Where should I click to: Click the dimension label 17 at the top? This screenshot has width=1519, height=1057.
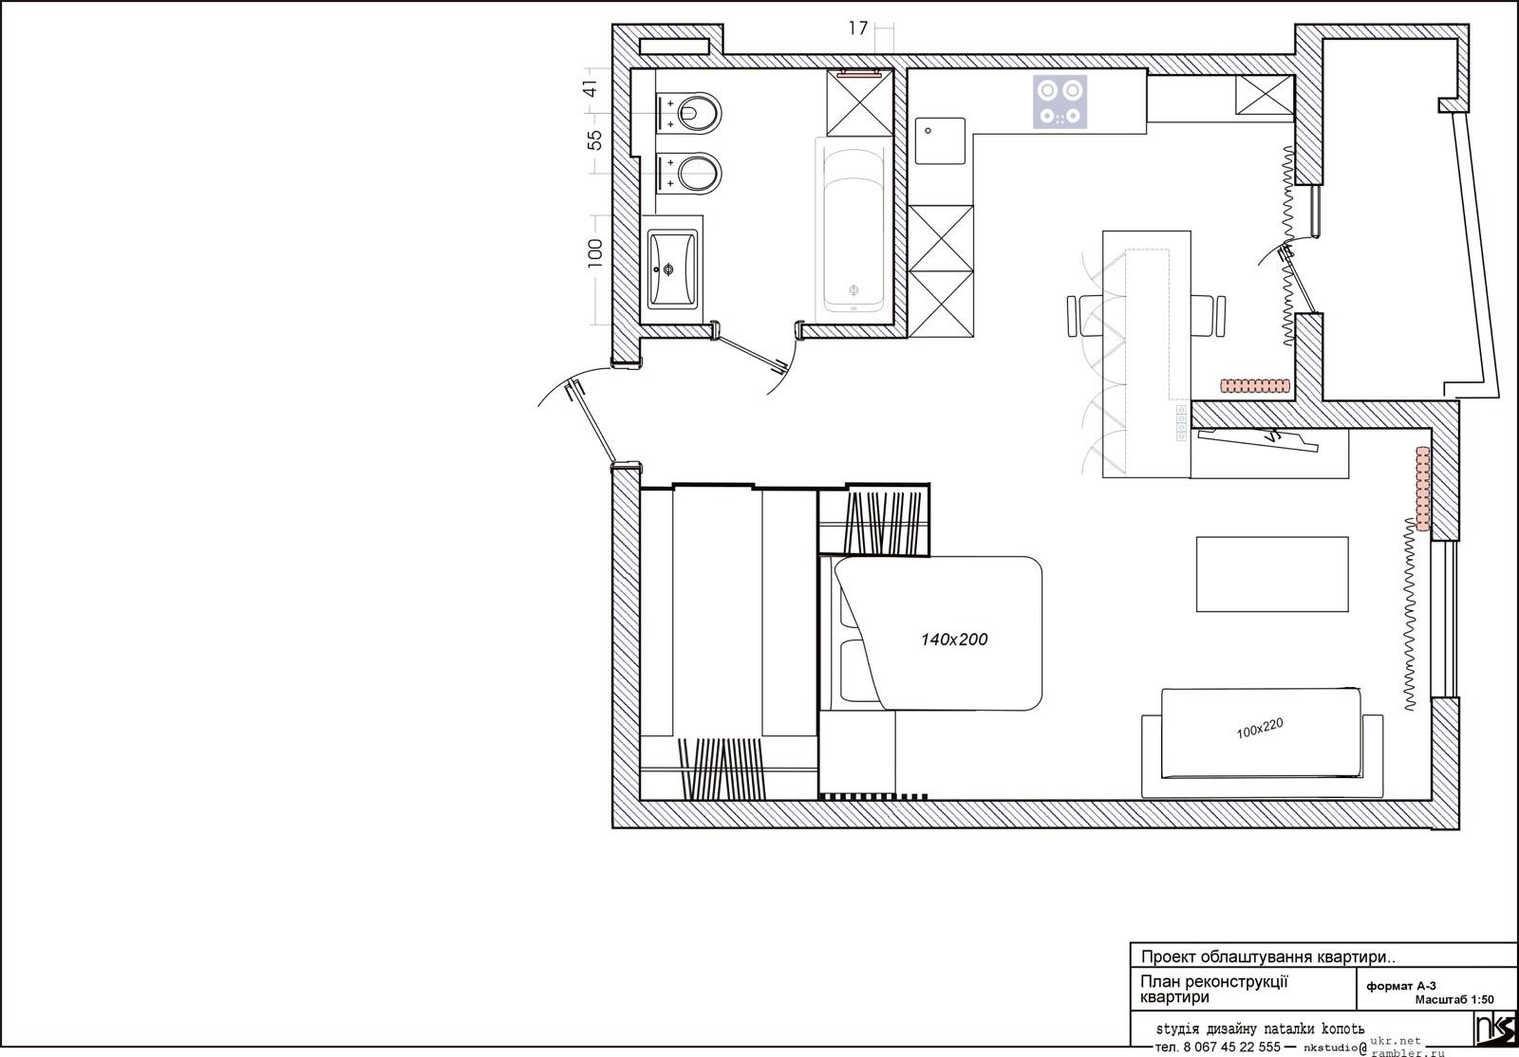click(x=858, y=28)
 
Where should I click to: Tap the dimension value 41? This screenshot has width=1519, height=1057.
click(x=591, y=89)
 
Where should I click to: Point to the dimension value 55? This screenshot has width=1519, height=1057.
click(x=594, y=140)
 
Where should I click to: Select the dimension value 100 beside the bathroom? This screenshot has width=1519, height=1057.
click(x=594, y=252)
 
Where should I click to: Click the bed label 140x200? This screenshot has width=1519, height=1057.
click(x=954, y=639)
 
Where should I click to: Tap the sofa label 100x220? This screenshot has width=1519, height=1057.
click(x=1260, y=729)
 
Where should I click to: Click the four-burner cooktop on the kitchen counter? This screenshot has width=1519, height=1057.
click(x=1060, y=102)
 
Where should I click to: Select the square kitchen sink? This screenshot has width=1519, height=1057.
click(x=940, y=141)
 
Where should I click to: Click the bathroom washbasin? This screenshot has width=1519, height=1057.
click(x=672, y=269)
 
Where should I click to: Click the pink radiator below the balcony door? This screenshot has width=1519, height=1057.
click(x=1254, y=385)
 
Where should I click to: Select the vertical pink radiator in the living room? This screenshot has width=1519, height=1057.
click(x=1423, y=488)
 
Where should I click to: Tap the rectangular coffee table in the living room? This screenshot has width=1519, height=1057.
click(x=1272, y=574)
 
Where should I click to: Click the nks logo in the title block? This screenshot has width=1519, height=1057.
click(x=1495, y=1028)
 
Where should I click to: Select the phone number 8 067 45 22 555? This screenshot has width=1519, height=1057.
click(x=1231, y=1047)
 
